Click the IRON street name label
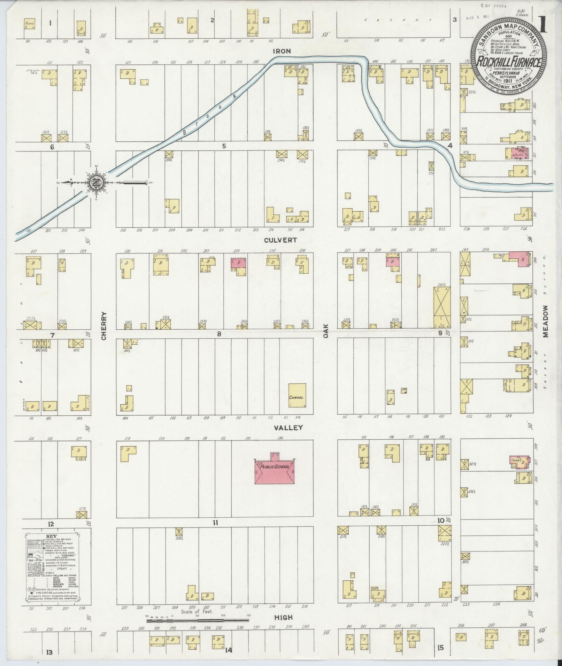coord(282,51)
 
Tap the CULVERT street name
coord(280,240)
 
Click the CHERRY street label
coord(103,326)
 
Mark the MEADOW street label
coord(545,321)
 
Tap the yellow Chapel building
coord(297,395)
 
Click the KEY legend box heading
coord(51,535)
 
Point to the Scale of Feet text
coord(197,611)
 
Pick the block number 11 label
coord(215,523)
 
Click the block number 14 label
coord(228,650)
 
